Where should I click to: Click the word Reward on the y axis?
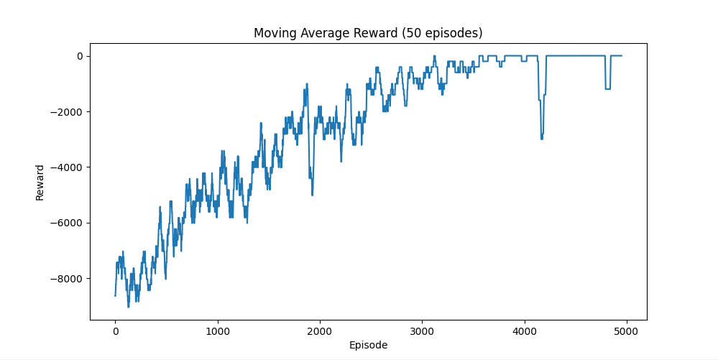point(40,183)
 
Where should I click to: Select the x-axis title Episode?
point(368,345)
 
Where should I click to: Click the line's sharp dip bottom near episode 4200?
point(541,138)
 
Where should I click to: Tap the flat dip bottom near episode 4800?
point(607,89)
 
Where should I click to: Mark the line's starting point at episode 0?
point(115,295)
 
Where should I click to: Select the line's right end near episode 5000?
point(621,56)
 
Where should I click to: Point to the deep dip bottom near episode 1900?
point(312,194)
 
